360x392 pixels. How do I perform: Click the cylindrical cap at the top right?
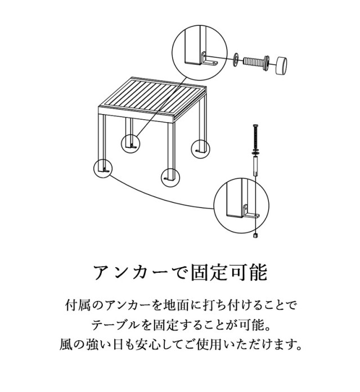click(x=281, y=65)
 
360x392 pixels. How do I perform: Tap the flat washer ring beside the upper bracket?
click(x=236, y=60)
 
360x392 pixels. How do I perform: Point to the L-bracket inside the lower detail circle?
click(x=251, y=212)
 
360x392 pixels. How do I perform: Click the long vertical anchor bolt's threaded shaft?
click(x=255, y=137)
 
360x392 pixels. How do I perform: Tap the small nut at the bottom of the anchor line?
click(x=255, y=236)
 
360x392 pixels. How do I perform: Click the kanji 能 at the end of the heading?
click(x=258, y=272)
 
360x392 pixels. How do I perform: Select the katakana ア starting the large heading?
click(x=102, y=272)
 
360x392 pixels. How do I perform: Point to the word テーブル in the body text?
click(x=114, y=326)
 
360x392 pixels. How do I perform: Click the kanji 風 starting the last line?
click(x=65, y=345)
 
